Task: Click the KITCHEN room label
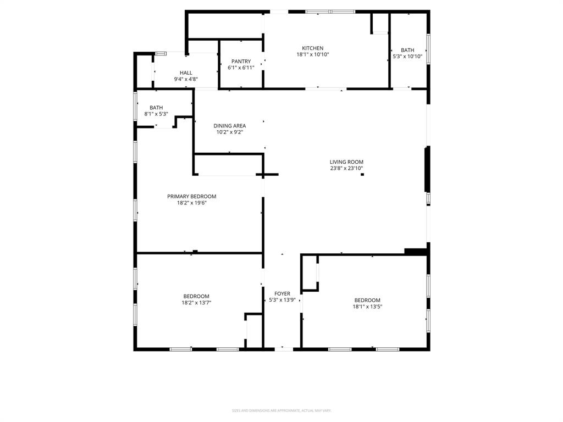click(x=312, y=48)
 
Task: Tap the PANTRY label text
click(x=241, y=62)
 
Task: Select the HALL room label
click(x=186, y=73)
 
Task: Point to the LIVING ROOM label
click(x=346, y=162)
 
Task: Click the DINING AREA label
click(x=230, y=126)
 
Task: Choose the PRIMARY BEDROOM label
click(x=191, y=196)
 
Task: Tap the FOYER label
click(x=282, y=294)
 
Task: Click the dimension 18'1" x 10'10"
click(x=312, y=54)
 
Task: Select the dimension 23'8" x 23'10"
click(x=346, y=169)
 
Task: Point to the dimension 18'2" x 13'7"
click(x=196, y=303)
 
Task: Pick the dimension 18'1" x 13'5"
click(x=367, y=307)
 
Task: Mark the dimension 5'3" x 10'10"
click(x=407, y=56)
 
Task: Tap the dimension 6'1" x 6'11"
click(x=241, y=68)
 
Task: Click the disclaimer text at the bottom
click(x=281, y=410)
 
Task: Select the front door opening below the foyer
click(x=283, y=349)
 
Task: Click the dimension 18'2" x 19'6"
click(x=191, y=203)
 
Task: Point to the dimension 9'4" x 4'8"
click(x=186, y=79)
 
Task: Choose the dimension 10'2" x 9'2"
click(x=230, y=132)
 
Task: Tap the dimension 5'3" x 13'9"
click(x=282, y=300)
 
